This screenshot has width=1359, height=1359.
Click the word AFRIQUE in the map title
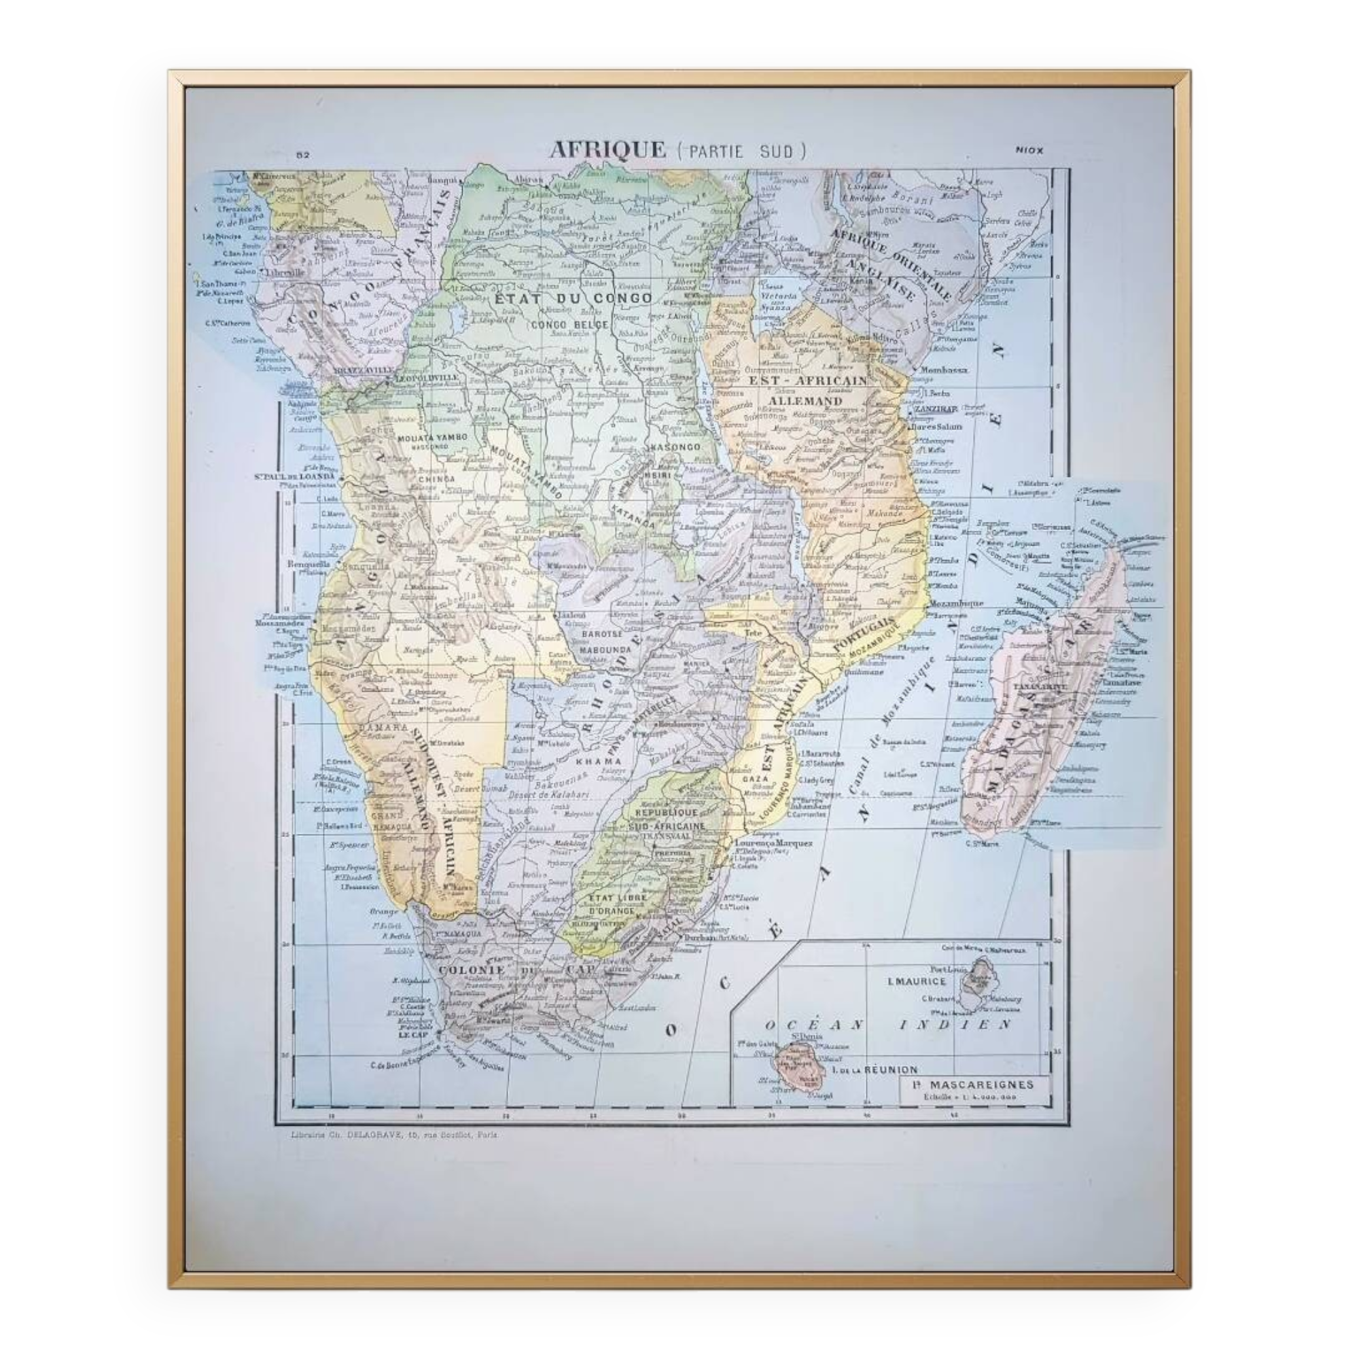point(607,149)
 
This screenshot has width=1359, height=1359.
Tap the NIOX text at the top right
point(1029,149)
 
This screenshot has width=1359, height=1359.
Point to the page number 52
point(303,156)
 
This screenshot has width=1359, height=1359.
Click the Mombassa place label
point(943,370)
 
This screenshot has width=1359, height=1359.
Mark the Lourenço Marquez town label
point(774,843)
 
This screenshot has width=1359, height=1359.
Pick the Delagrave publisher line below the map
point(394,1154)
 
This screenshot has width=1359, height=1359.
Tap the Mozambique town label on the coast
point(956,603)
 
